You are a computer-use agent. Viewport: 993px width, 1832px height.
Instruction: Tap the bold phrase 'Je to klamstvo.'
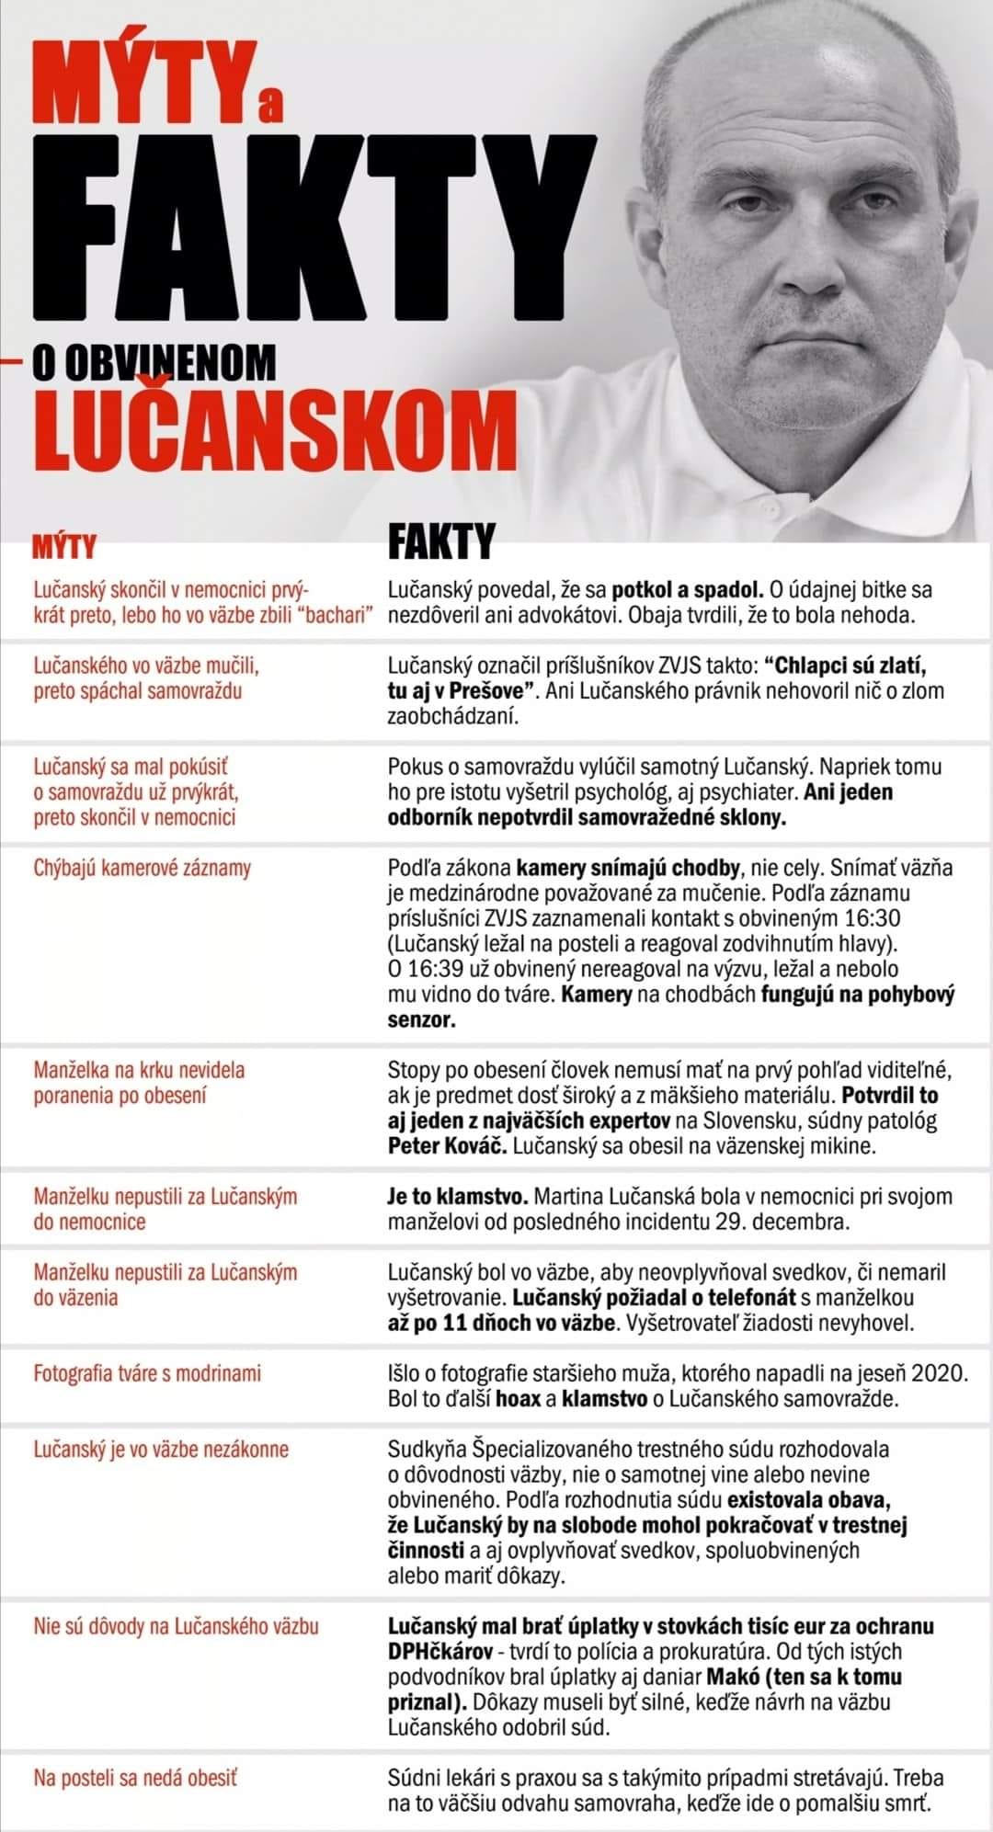pos(456,1197)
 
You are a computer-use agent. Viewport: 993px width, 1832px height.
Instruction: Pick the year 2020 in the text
pos(940,1373)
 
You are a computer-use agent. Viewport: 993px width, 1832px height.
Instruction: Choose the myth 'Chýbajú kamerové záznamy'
pos(143,868)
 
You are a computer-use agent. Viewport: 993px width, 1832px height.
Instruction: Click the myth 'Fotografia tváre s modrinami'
pos(147,1373)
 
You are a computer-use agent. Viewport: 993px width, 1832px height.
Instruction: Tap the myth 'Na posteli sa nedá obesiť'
pos(135,1778)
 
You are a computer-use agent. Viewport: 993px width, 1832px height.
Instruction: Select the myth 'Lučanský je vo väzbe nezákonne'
pos(161,1450)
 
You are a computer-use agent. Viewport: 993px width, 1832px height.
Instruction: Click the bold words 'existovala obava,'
pos(809,1500)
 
